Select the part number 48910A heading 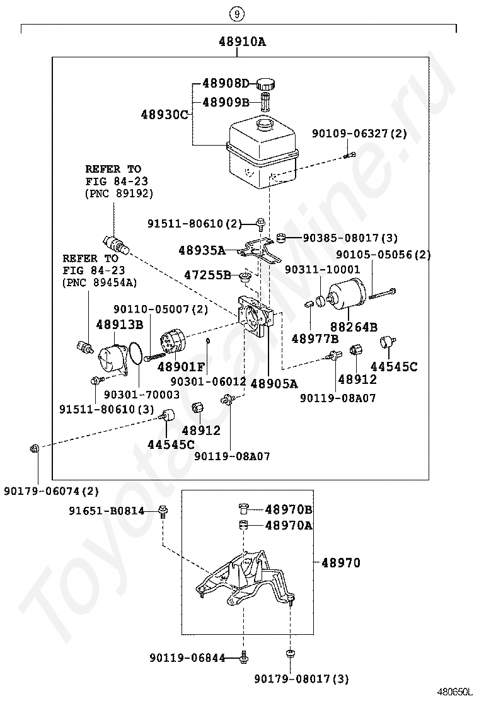pos(242,42)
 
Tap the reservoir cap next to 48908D pos(268,83)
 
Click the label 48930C pos(164,115)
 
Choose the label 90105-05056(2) pos(383,255)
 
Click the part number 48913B pos(119,325)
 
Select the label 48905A pos(274,382)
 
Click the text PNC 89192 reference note pos(119,194)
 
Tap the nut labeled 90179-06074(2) pos(35,448)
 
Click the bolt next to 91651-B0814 pos(163,511)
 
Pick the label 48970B pos(289,509)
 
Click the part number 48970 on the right pos(341,562)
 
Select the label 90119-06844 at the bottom pos(187,658)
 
